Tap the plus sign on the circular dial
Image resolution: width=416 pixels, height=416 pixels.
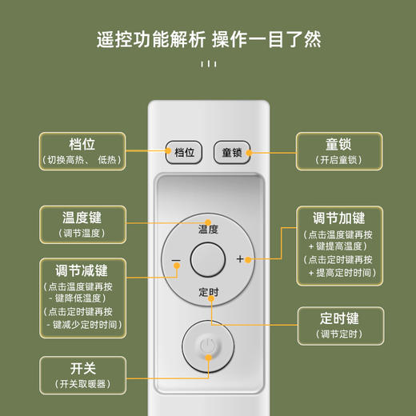click(240, 259)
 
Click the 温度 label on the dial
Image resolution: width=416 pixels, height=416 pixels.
click(208, 229)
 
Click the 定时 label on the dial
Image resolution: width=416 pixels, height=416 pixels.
click(208, 292)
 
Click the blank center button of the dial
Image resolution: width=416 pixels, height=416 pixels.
click(208, 260)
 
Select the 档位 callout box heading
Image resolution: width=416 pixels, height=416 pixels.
click(82, 145)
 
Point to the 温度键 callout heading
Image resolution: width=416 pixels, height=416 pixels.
click(82, 218)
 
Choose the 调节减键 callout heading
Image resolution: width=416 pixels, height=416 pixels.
click(82, 270)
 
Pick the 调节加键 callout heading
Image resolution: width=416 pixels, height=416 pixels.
click(339, 218)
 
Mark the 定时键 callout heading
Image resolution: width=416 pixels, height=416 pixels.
click(339, 318)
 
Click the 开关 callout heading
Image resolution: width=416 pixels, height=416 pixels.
click(82, 369)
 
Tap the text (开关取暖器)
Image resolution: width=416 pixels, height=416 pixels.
click(82, 384)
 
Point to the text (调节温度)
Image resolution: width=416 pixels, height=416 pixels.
click(82, 233)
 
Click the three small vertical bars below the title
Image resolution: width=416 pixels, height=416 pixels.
click(208, 64)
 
